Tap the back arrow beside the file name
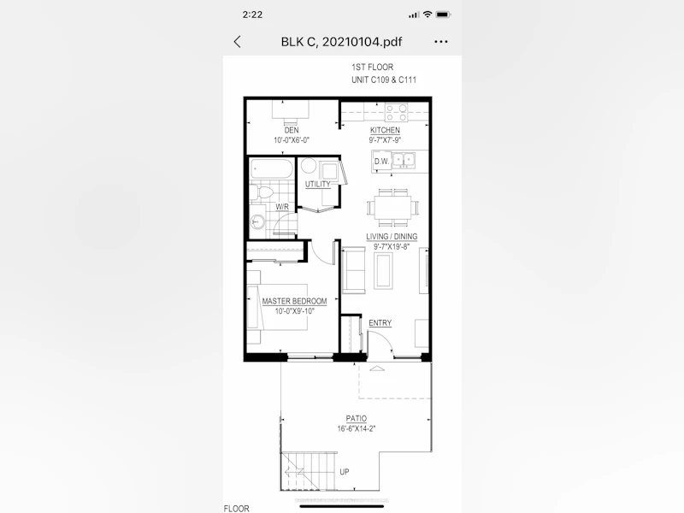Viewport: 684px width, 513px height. tap(238, 42)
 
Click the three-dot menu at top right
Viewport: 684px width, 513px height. tap(441, 42)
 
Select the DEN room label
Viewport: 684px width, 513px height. tap(292, 130)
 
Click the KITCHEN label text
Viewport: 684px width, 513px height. tap(385, 130)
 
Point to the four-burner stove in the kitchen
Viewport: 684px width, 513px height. tap(397, 112)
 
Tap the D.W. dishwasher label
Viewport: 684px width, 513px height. tap(381, 162)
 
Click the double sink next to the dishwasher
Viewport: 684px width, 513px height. tap(404, 160)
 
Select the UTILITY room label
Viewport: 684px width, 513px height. tap(317, 184)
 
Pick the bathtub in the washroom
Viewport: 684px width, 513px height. tap(271, 168)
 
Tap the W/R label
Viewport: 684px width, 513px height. tap(282, 207)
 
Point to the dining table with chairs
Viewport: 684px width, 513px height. tap(392, 208)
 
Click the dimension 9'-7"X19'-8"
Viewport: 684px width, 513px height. tap(392, 246)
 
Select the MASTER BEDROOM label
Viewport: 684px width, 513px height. tap(294, 301)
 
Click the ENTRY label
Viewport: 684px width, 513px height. tap(380, 323)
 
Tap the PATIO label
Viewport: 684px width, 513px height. tap(357, 418)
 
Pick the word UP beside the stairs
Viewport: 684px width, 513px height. tap(345, 472)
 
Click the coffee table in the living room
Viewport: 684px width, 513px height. tap(383, 270)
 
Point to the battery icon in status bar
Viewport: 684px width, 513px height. tap(443, 15)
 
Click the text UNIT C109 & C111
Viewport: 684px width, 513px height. tap(384, 80)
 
